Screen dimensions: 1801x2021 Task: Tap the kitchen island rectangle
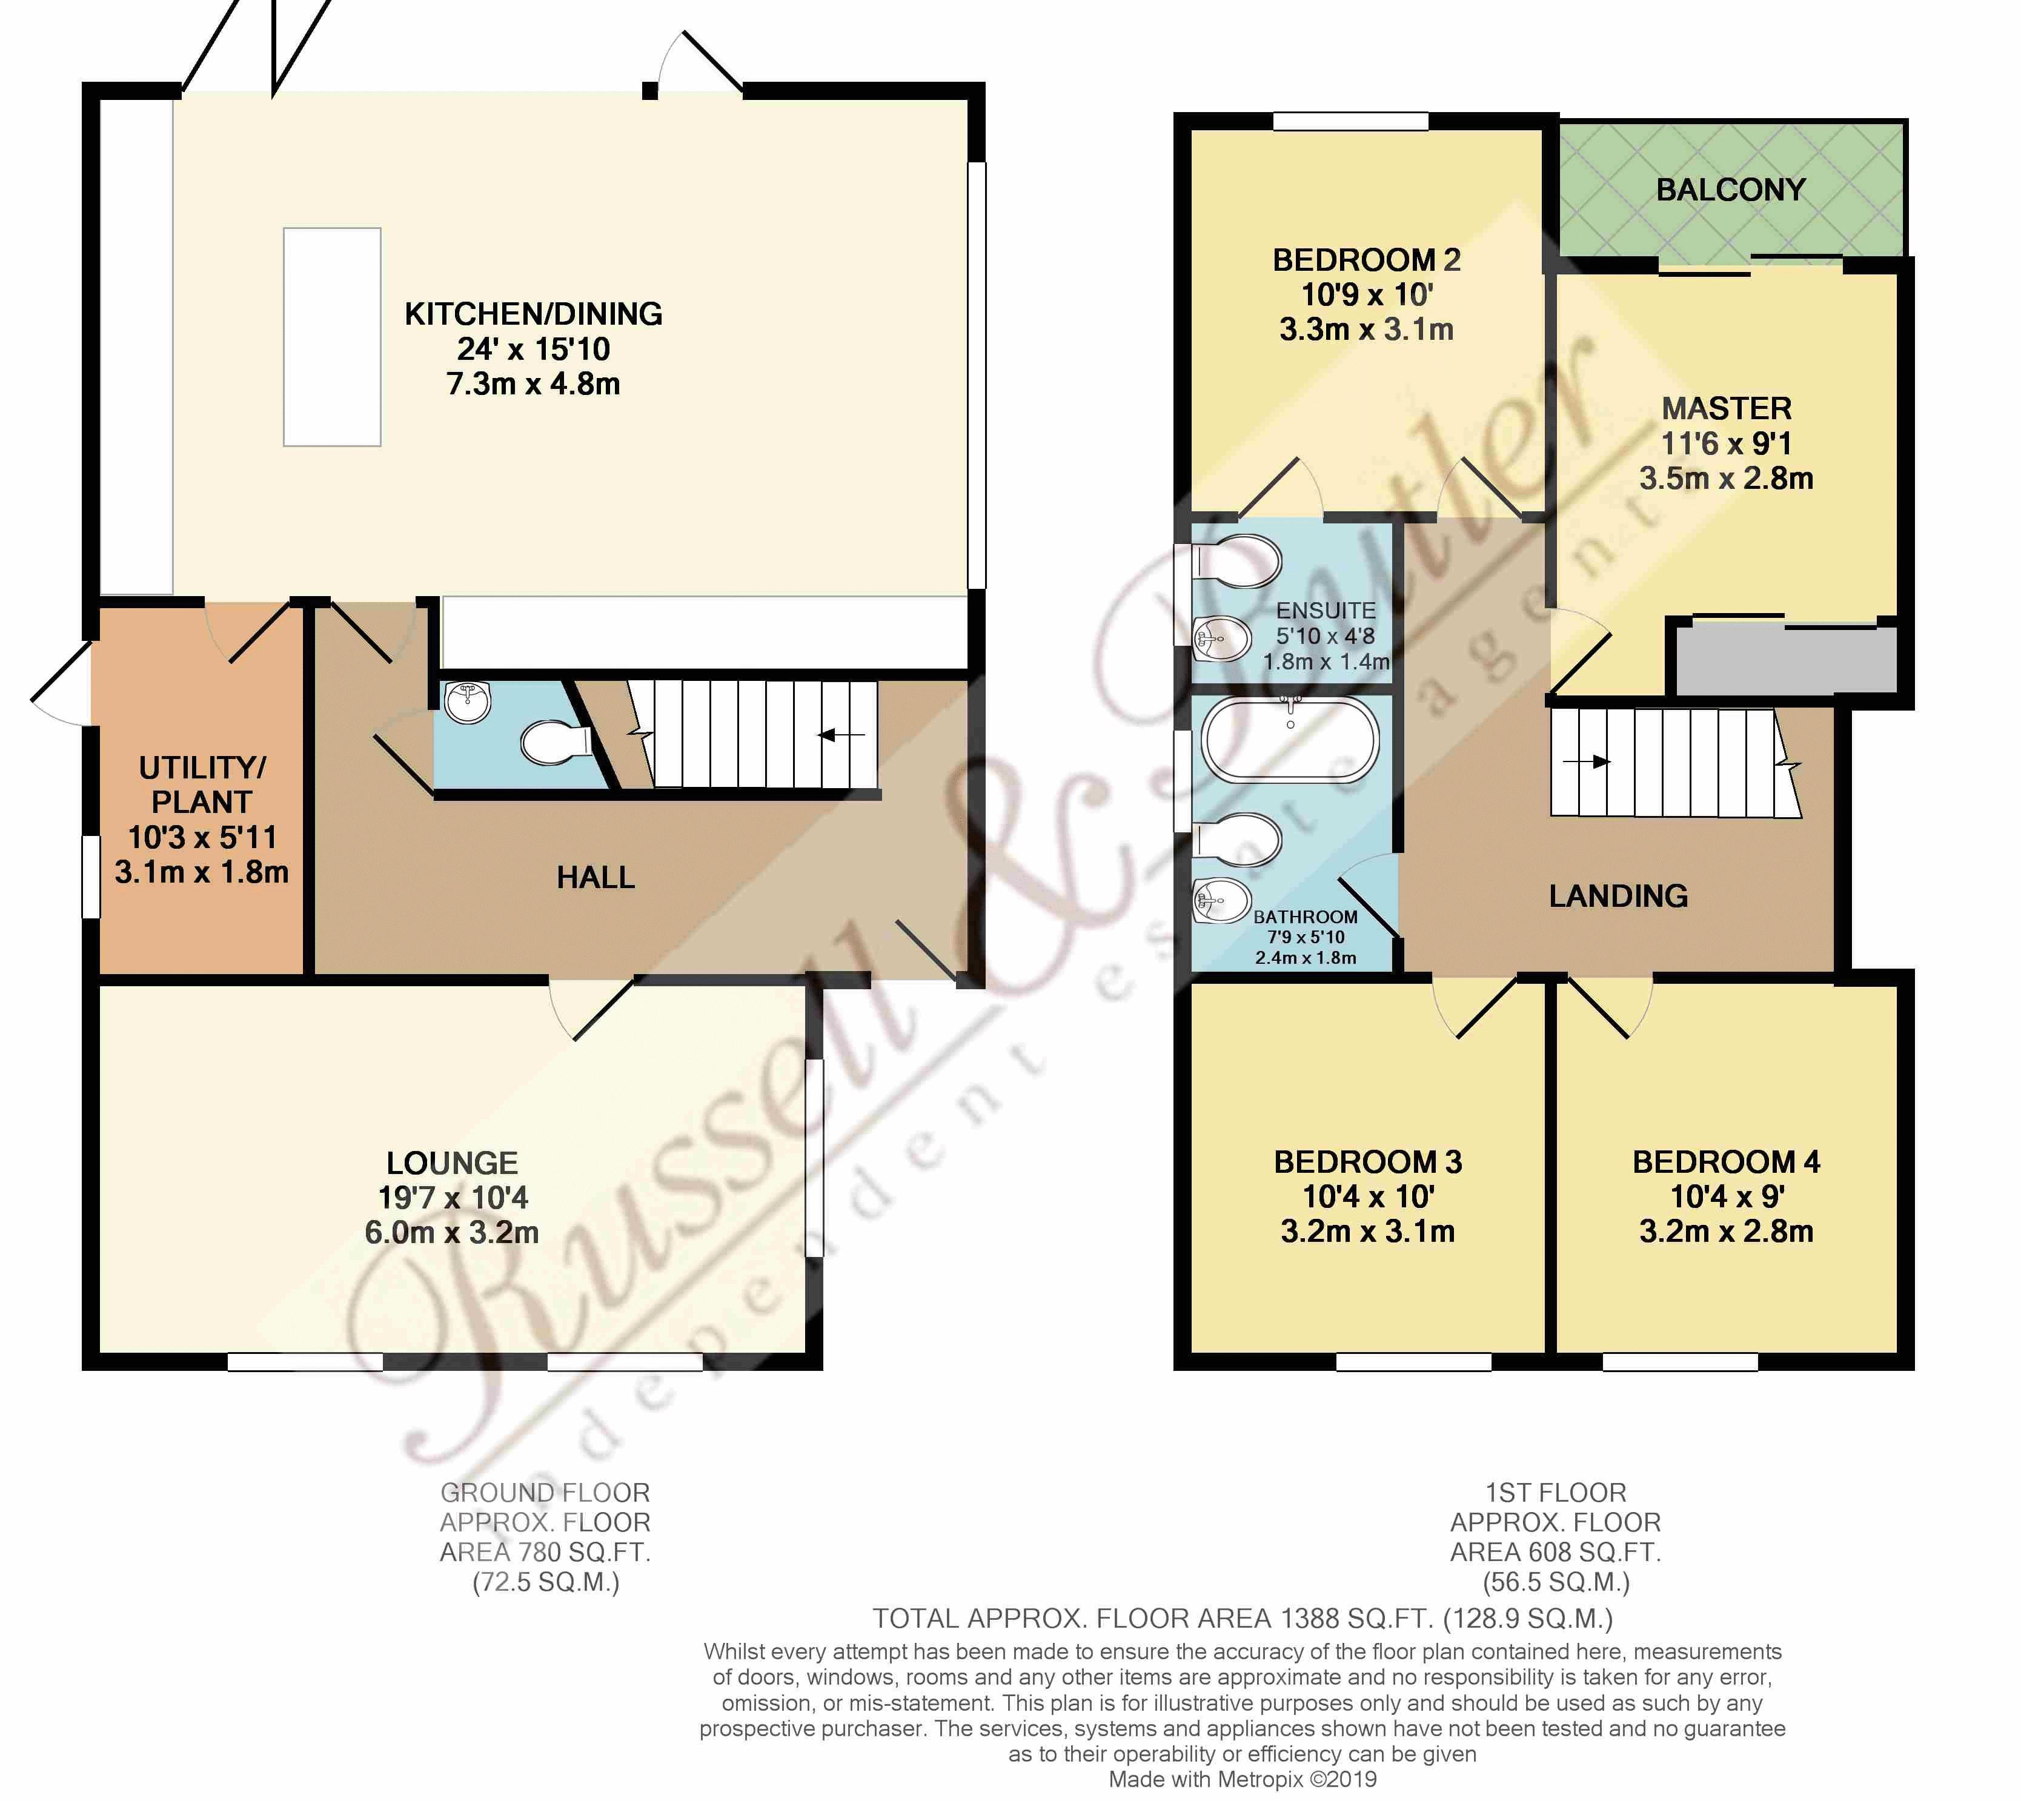click(331, 336)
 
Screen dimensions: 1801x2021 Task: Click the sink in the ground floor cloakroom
click(467, 703)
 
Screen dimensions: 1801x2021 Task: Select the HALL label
click(595, 877)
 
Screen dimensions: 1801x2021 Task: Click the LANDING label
click(1618, 895)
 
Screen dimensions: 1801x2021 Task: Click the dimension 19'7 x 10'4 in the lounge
click(453, 1198)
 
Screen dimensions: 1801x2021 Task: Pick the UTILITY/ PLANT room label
click(202, 784)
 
